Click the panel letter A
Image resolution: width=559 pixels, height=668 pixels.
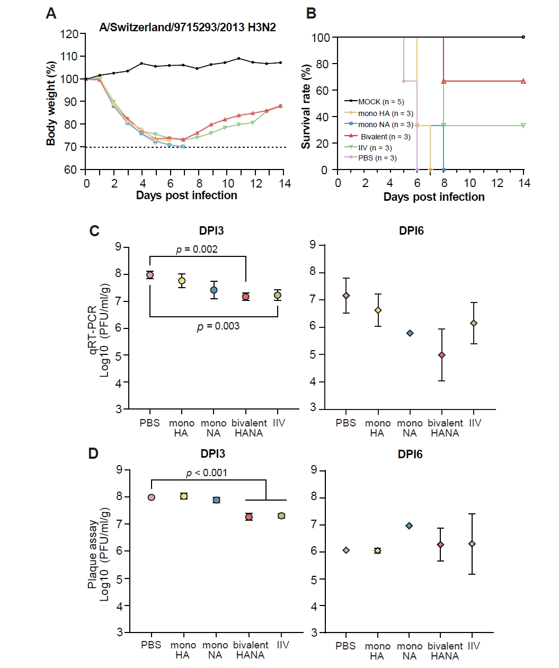(51, 13)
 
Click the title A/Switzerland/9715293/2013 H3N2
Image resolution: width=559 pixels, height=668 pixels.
(187, 28)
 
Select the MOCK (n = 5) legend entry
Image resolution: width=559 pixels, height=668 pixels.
(375, 102)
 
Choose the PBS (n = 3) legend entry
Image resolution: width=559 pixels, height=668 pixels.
(372, 158)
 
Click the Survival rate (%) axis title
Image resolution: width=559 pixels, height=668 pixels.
(306, 106)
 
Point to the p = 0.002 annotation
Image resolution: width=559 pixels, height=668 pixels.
(197, 249)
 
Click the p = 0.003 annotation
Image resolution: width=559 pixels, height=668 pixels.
(218, 326)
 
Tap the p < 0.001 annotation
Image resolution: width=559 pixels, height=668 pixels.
(207, 473)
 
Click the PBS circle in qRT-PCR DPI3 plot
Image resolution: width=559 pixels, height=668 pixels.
(150, 275)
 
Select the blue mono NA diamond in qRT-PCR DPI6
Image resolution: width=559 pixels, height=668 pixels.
(410, 333)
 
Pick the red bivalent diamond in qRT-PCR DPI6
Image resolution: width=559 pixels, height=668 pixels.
(442, 355)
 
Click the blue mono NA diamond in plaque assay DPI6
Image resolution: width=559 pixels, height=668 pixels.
(409, 526)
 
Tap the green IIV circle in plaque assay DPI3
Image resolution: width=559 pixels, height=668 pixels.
(281, 516)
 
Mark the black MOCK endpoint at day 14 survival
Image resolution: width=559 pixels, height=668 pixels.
(523, 37)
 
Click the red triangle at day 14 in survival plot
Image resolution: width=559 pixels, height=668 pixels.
(523, 81)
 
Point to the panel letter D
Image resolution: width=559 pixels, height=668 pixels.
(93, 453)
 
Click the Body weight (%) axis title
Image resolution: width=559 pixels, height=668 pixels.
(51, 103)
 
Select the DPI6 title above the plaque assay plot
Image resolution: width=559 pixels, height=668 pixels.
(410, 454)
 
